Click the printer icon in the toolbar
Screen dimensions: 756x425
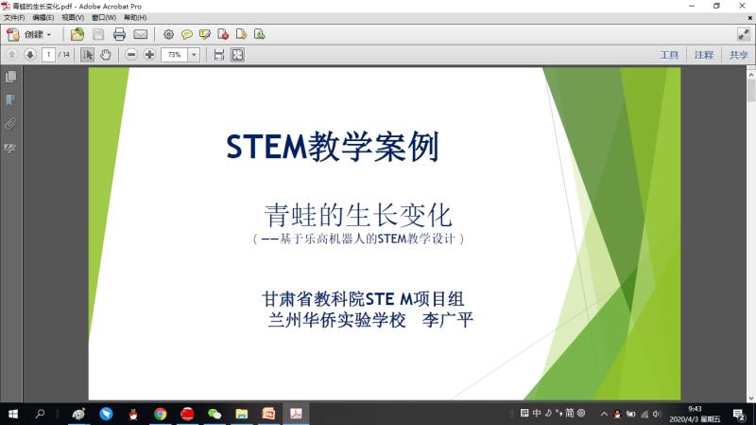coord(119,34)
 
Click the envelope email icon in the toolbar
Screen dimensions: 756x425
coord(140,34)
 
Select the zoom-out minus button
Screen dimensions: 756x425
coord(131,55)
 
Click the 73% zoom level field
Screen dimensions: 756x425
coord(174,55)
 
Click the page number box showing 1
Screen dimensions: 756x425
coord(48,55)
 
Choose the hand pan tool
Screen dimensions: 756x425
coord(106,55)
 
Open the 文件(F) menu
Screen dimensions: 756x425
coord(14,17)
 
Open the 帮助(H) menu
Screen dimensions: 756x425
coord(135,17)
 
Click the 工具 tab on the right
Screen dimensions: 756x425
coord(669,55)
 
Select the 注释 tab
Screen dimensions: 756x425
coord(704,55)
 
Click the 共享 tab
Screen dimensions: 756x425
coord(739,55)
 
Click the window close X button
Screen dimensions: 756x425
coord(742,6)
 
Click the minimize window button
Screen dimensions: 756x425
coord(692,6)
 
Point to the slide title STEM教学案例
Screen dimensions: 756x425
coord(333,147)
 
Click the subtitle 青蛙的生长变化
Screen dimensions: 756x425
coord(358,215)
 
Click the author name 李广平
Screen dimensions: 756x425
coord(447,320)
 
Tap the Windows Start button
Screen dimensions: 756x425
coord(13,414)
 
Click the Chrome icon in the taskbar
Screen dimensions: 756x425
coord(160,414)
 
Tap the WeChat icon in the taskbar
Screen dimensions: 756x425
coord(215,414)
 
